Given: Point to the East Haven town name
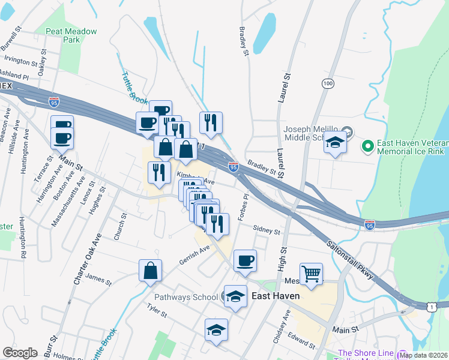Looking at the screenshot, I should point(276,296).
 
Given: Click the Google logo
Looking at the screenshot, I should point(20,352).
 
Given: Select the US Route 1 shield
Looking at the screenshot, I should point(432,307).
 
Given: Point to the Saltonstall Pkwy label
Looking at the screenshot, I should point(352,258).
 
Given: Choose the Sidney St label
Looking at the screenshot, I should point(267,230).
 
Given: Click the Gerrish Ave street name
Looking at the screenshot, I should point(194,254).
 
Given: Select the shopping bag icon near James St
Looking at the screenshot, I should point(151,270).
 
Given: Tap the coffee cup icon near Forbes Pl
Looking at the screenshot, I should point(244,261).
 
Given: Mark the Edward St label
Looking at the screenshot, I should point(301,338).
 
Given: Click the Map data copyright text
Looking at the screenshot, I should point(423,355).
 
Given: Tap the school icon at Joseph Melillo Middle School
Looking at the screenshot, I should point(336,143).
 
